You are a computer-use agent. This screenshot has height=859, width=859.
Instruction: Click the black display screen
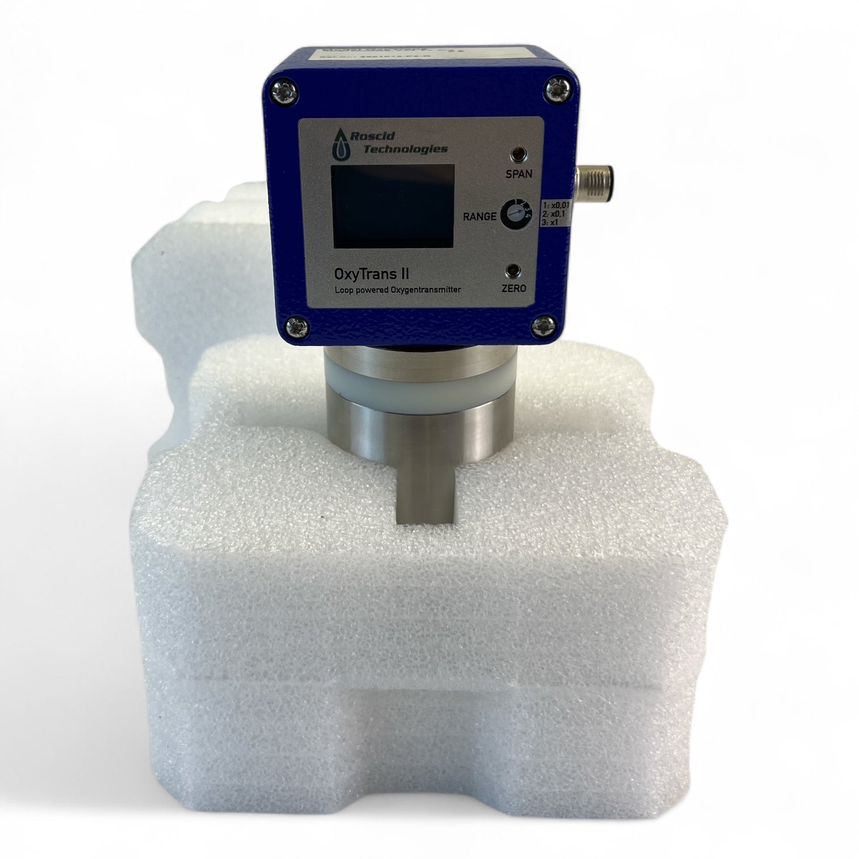(x=393, y=206)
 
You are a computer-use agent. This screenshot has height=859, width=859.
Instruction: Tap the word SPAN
(x=519, y=174)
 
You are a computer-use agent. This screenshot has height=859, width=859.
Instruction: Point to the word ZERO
(x=514, y=289)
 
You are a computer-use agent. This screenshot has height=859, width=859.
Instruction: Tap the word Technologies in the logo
(x=405, y=149)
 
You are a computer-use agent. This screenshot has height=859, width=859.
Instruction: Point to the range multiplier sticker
(x=556, y=214)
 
